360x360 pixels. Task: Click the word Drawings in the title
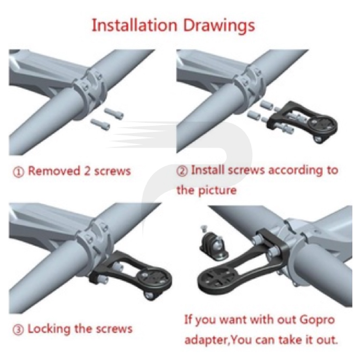[x=219, y=26]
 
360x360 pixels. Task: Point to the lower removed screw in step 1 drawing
[x=100, y=124]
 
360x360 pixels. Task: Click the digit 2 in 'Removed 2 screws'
[x=87, y=171]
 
